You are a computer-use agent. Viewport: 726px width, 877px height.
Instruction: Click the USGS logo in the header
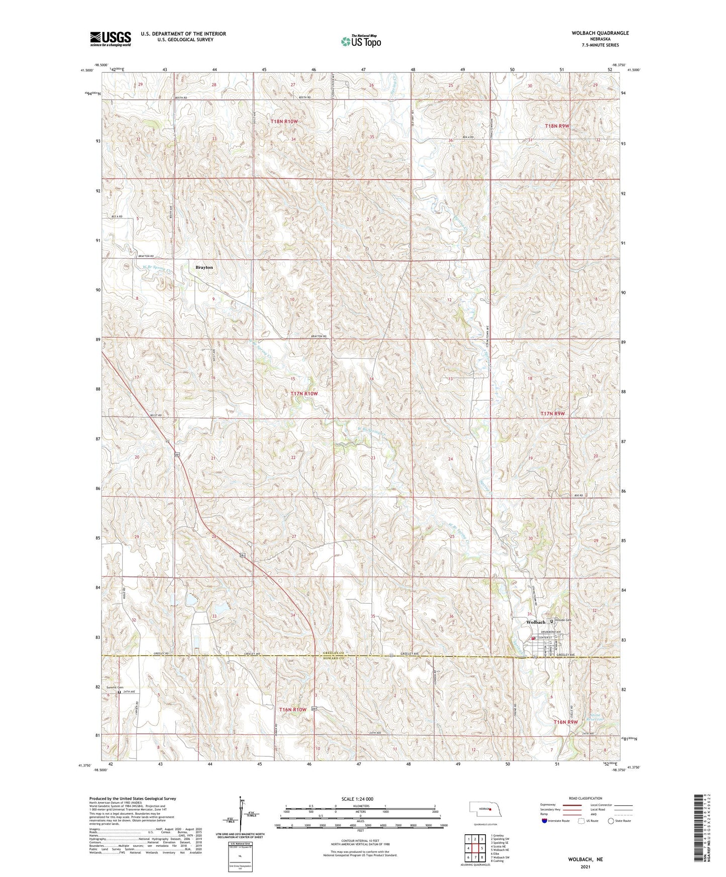point(111,39)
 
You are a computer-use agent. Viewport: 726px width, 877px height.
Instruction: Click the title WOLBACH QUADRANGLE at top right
point(600,33)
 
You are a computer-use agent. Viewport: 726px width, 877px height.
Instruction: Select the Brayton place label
point(204,268)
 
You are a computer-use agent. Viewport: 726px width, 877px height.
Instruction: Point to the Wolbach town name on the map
point(536,622)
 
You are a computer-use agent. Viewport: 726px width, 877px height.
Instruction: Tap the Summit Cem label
point(115,687)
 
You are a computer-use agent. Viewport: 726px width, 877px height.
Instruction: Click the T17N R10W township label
point(304,394)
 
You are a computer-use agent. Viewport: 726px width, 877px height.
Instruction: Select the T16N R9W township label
point(565,722)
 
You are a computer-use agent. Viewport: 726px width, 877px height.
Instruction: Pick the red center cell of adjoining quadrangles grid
point(475,849)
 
